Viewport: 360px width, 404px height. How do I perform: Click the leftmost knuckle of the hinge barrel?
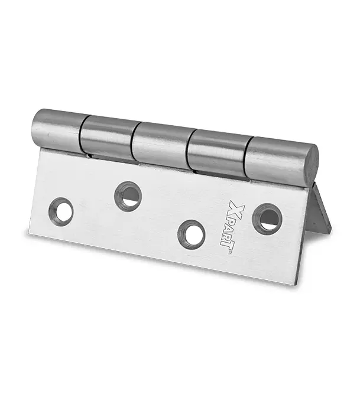pos(59,131)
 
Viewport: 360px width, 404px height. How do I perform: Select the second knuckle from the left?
pos(109,138)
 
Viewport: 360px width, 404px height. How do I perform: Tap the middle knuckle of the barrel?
pos(163,146)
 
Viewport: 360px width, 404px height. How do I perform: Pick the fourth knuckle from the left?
pos(218,153)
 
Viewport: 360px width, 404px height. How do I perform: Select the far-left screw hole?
pos(61,212)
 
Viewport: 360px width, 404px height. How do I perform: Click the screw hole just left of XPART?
pos(192,234)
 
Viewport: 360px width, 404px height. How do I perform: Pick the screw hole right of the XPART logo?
pos(267,218)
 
